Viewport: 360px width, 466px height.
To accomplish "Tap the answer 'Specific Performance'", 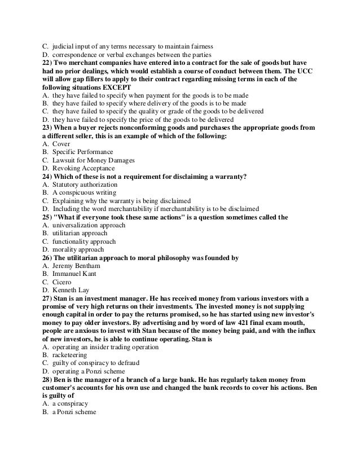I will click(x=82, y=152).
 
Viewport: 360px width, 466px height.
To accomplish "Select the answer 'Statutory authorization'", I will click(x=85, y=184).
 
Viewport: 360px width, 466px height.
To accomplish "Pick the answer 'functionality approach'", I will click(x=84, y=241).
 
